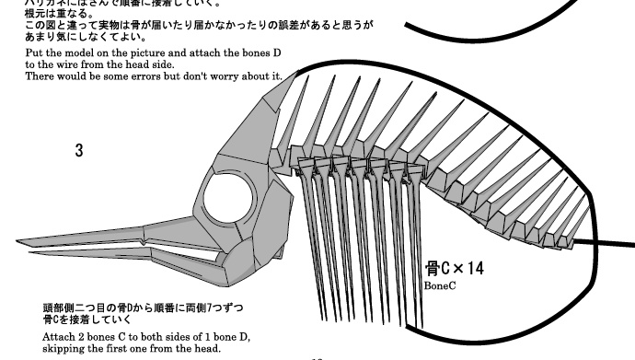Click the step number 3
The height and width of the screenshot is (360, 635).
point(79,148)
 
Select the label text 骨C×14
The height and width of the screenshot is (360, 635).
point(454,269)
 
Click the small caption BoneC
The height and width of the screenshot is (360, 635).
point(441,286)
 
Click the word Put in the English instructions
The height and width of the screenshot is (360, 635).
point(34,53)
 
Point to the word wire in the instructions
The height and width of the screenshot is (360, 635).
point(63,64)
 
